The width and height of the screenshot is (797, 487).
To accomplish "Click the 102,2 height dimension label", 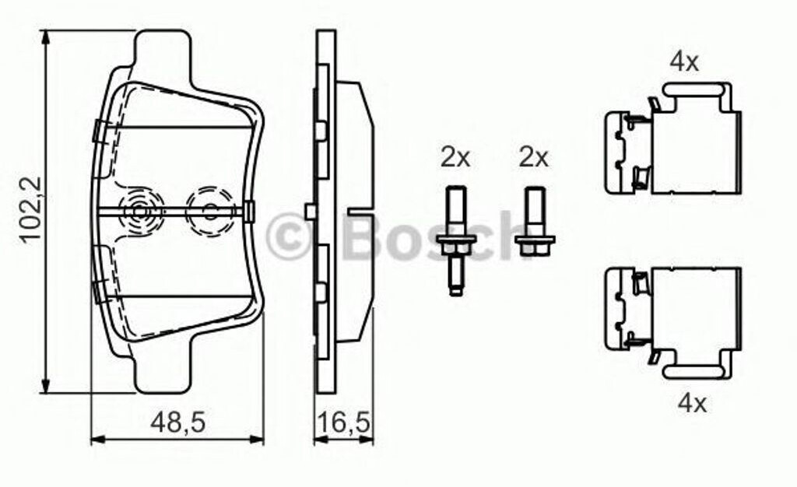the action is tap(31, 210).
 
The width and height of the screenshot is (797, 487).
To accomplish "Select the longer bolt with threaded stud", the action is tap(456, 240).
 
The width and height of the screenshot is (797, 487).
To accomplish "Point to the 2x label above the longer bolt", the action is tap(455, 157).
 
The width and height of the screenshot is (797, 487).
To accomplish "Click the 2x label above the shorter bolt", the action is tap(534, 157).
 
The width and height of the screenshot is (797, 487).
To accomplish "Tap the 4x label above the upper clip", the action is tap(684, 62).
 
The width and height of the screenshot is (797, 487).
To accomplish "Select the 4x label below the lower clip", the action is tap(692, 404).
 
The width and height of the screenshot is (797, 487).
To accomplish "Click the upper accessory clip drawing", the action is tap(673, 138).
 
